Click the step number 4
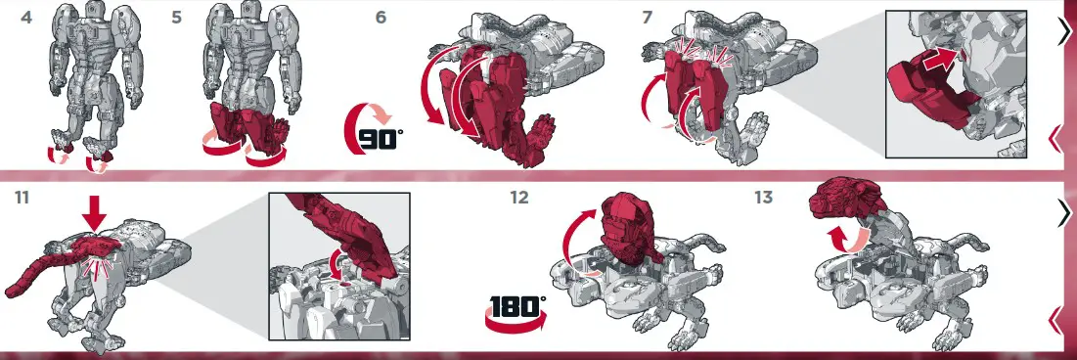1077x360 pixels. click(26, 17)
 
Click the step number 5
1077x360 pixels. click(177, 17)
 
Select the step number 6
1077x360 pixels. click(381, 17)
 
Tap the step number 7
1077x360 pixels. click(647, 17)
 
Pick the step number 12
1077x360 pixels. click(518, 198)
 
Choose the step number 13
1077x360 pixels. click(765, 198)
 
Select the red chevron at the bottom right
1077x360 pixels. click(1055, 318)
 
